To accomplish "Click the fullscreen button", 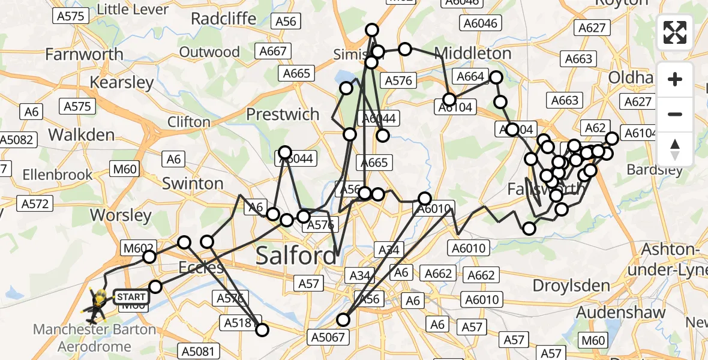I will click(x=675, y=32).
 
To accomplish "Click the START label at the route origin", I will click(x=130, y=297).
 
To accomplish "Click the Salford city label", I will click(x=296, y=256).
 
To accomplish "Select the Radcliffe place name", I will click(x=224, y=19).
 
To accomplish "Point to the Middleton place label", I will click(x=473, y=53).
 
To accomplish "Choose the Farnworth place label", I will click(x=85, y=55).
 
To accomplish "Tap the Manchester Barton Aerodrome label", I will click(x=94, y=338).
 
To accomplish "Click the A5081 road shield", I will click(x=200, y=351).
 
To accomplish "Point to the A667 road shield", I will click(x=273, y=52).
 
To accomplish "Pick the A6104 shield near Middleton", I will click(x=455, y=107).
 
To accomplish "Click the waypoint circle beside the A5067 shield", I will click(x=343, y=320).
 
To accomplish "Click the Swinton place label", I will click(x=193, y=183).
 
